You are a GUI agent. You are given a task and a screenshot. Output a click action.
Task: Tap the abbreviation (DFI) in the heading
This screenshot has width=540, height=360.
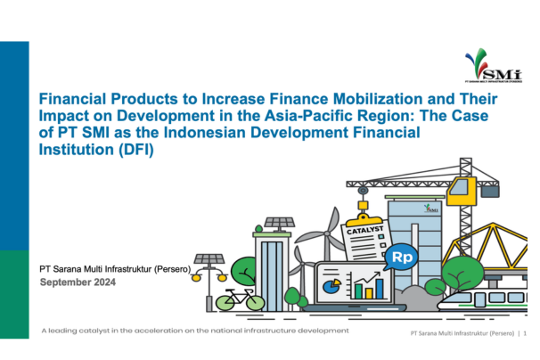pyautogui.click(x=136, y=150)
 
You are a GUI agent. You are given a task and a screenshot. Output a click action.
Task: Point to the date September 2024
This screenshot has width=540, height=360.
pyautogui.click(x=78, y=282)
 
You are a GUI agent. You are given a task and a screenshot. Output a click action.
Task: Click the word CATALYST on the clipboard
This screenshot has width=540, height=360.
pyautogui.click(x=364, y=230)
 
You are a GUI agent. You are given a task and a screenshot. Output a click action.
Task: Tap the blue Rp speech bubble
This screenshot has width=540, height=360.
pyautogui.click(x=401, y=257)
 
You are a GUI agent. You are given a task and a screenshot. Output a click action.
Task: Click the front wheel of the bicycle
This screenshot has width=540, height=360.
pyautogui.click(x=255, y=303)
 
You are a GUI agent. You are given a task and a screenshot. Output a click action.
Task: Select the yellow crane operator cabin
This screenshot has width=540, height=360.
pyautogui.click(x=462, y=192)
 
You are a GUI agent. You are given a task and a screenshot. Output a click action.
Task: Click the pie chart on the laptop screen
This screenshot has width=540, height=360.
pyautogui.click(x=331, y=286)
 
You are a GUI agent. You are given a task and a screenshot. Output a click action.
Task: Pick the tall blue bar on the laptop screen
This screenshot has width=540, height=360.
pyautogui.click(x=380, y=289)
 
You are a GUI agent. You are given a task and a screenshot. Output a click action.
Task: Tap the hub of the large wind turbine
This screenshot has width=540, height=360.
pyautogui.click(x=326, y=234)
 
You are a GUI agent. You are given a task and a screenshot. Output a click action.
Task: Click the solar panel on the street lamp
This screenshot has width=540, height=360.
pyautogui.click(x=209, y=258)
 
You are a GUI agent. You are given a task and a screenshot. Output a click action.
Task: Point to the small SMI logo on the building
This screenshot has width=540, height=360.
pyautogui.click(x=430, y=209)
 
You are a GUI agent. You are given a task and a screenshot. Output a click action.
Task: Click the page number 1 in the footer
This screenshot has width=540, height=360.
pyautogui.click(x=525, y=333)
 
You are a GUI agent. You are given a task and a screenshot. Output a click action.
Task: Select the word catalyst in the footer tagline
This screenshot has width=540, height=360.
pyautogui.click(x=94, y=331)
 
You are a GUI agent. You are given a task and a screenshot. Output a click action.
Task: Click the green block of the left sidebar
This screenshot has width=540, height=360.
pyautogui.click(x=14, y=295)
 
